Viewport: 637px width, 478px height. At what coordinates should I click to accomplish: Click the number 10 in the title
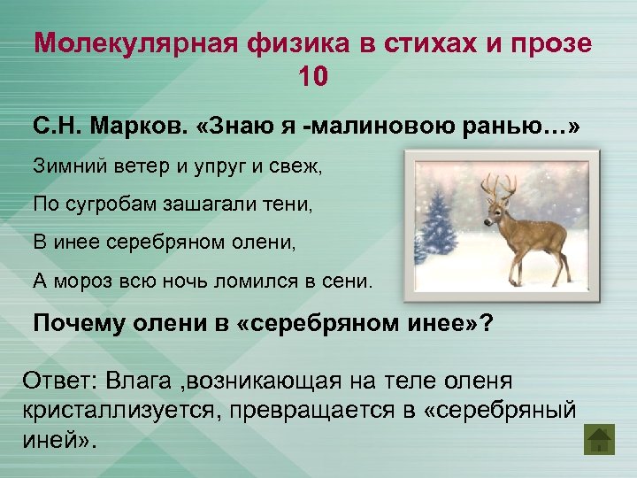[313, 78]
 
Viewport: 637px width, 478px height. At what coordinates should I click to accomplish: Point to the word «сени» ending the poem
[349, 281]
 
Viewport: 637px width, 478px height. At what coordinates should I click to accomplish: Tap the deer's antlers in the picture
[499, 183]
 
